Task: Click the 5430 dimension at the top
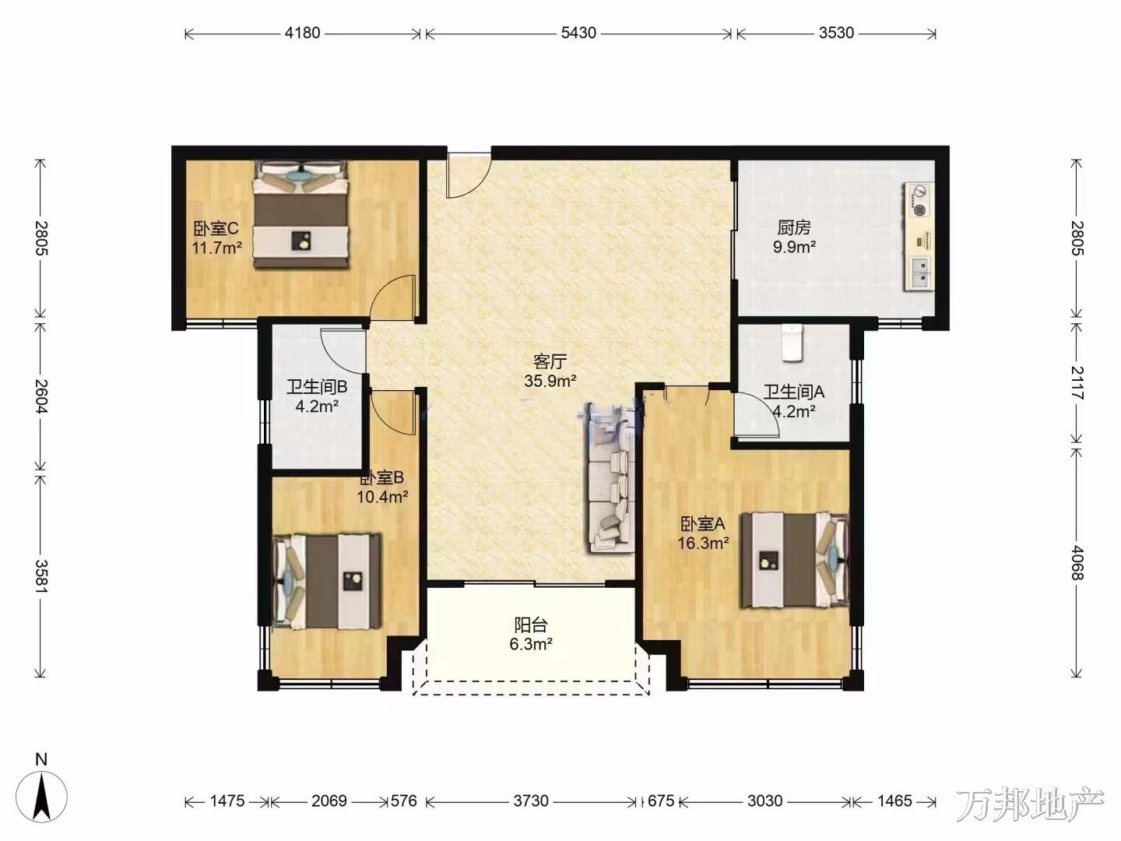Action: [578, 33]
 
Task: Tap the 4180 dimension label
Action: [302, 33]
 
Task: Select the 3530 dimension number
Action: [836, 33]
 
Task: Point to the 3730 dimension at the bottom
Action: [531, 801]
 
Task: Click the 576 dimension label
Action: [403, 801]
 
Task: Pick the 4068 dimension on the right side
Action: [1076, 563]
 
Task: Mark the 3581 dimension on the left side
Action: [40, 576]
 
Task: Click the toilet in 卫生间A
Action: [792, 343]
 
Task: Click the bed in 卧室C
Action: [301, 214]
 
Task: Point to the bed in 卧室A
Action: [795, 560]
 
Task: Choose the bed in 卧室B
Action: [328, 582]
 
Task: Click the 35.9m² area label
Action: [550, 381]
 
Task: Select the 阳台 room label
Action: [531, 625]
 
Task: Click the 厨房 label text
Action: [793, 227]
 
